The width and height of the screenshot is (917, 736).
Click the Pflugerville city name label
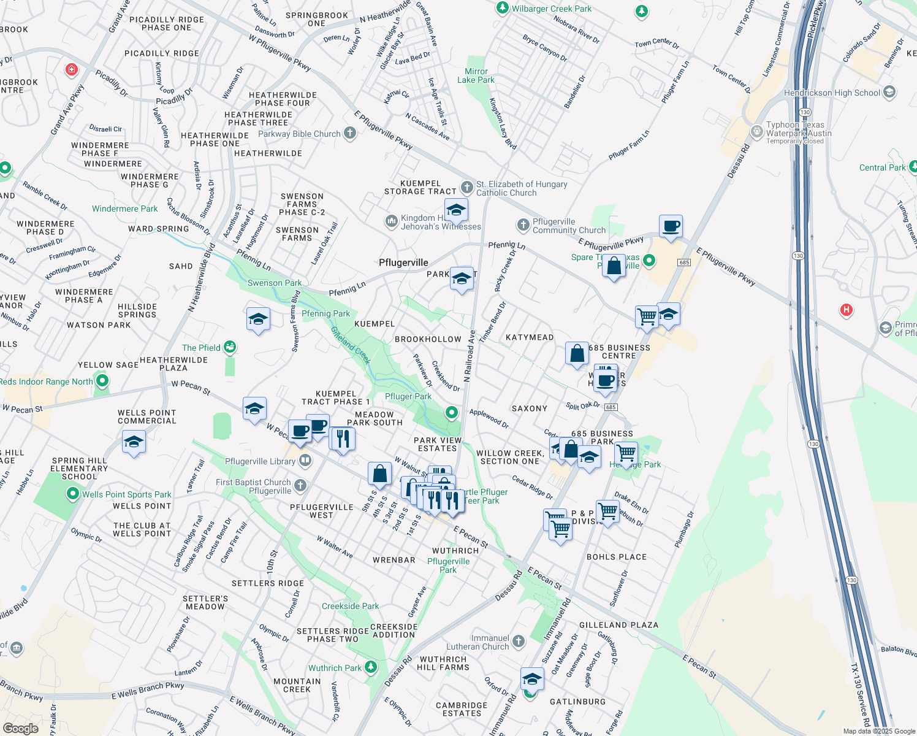[x=403, y=263]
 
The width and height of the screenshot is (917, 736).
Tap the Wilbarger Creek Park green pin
[x=503, y=8]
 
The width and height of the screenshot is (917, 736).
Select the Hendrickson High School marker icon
[x=889, y=93]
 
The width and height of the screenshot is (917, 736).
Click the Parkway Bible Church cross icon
[x=350, y=133]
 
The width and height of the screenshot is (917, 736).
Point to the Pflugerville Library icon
[x=305, y=461]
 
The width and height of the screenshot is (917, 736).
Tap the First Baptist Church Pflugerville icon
[x=300, y=486]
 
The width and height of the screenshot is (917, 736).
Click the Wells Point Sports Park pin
[x=73, y=494]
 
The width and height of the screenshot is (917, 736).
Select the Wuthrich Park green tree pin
[x=370, y=667]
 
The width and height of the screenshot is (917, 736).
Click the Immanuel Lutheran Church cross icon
[x=519, y=642]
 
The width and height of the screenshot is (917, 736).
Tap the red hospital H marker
[x=847, y=310]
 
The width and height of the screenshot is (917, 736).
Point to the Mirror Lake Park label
[x=476, y=75]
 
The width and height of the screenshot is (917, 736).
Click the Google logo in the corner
[x=20, y=728]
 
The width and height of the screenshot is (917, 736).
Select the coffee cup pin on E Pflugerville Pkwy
[x=671, y=226]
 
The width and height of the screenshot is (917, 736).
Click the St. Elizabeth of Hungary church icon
[x=467, y=187]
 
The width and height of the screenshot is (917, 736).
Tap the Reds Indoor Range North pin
[x=102, y=381]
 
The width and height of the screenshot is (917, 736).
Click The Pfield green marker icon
[x=230, y=348]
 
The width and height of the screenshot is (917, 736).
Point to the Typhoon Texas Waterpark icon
[x=757, y=131]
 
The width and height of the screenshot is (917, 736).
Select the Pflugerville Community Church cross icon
[x=523, y=225]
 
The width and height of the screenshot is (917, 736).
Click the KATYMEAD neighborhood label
[x=530, y=337]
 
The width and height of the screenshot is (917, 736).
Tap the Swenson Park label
[x=274, y=283]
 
